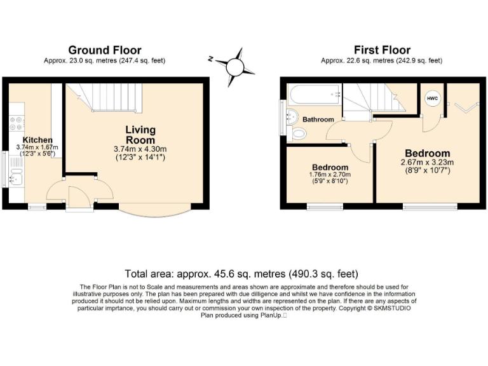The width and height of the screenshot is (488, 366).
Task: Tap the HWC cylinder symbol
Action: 432,99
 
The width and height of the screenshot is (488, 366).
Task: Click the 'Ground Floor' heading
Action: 105,50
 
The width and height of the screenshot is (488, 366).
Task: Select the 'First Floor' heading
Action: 382,50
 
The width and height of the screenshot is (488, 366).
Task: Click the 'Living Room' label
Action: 140,135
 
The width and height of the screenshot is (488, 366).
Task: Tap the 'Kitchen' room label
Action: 37,140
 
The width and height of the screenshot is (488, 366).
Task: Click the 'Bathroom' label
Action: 318,119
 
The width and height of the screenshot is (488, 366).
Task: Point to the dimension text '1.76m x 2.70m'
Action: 329,174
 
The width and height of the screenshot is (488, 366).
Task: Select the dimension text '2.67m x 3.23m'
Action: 428,163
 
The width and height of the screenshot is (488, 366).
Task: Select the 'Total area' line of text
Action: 241,274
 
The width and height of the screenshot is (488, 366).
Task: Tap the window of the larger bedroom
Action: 430,205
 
